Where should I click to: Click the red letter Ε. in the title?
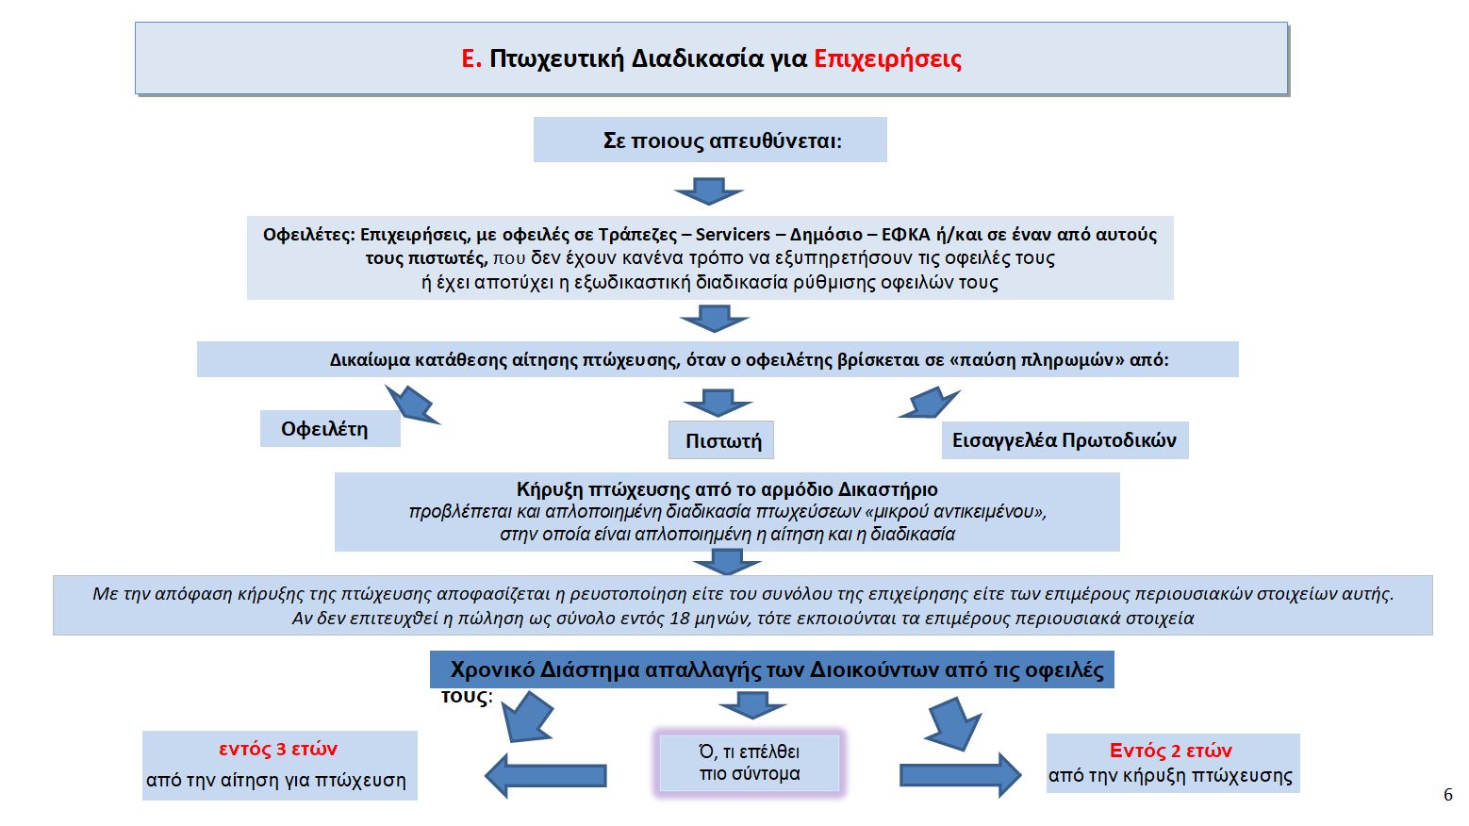coord(470,59)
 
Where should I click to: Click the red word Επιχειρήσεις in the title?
coord(887,59)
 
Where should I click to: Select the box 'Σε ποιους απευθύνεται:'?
coord(710,140)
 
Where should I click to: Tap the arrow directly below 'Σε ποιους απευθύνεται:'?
coord(709,190)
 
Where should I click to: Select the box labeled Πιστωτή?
coord(721,440)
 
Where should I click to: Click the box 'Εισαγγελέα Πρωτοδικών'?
coord(1065,440)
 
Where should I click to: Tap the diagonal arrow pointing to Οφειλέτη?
coord(412,404)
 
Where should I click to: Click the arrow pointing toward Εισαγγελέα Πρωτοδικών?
coord(930,403)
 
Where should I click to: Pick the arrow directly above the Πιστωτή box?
coord(718,403)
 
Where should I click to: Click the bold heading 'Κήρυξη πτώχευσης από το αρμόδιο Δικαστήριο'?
coord(727,489)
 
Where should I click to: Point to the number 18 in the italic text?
coord(680,619)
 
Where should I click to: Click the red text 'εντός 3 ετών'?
coord(278,750)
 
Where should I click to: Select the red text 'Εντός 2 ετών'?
coord(1170,752)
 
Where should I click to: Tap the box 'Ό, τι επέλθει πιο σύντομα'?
coord(750,763)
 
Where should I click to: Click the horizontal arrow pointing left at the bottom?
coord(546,776)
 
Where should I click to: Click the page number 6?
coord(1448,795)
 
